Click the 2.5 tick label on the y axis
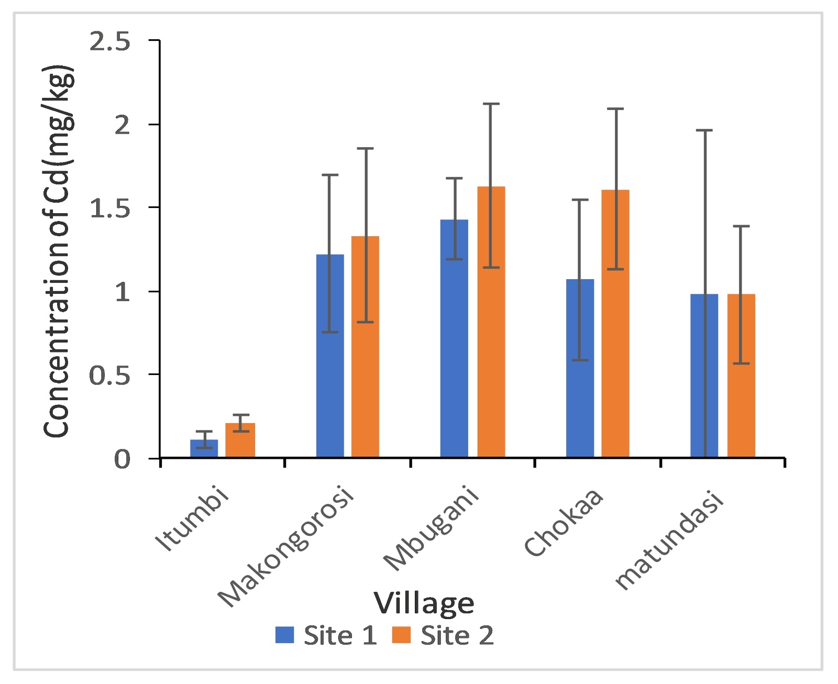pyautogui.click(x=109, y=42)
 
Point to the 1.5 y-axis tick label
pyautogui.click(x=109, y=208)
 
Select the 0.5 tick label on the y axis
pyautogui.click(x=109, y=376)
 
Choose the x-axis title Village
pyautogui.click(x=424, y=603)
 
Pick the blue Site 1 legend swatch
pyautogui.click(x=285, y=635)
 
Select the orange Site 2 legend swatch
pyautogui.click(x=402, y=635)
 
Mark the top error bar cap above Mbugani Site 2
pyautogui.click(x=491, y=104)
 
